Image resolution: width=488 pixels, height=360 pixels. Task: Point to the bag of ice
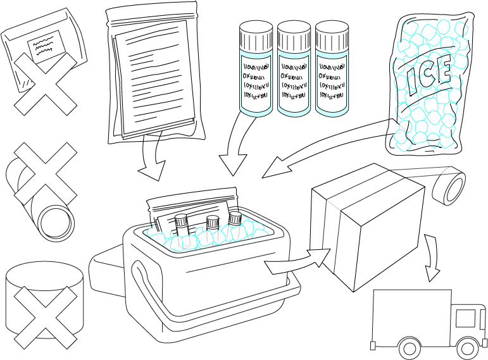pyautogui.click(x=430, y=82)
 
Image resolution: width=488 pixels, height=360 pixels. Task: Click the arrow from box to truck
pyautogui.click(x=432, y=259)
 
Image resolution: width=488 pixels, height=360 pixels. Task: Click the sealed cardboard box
pyautogui.click(x=367, y=228)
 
